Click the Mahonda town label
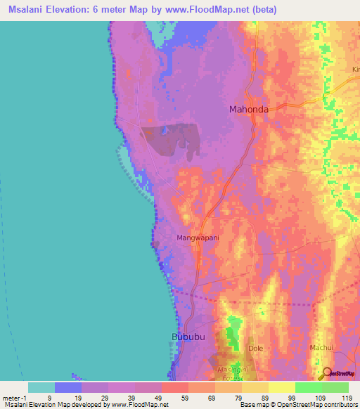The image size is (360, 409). [x=249, y=109]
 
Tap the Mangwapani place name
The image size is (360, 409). [x=198, y=238]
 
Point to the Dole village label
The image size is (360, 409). [x=255, y=348]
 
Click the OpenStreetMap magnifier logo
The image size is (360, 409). [x=326, y=374]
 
